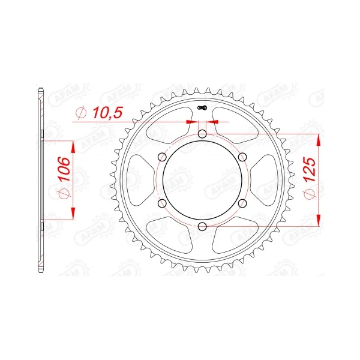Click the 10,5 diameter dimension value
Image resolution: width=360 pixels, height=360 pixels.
point(107,113)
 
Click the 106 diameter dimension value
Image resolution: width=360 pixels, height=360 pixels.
point(64,169)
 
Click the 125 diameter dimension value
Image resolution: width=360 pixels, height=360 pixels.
point(310,169)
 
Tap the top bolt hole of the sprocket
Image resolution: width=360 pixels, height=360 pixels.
point(202,134)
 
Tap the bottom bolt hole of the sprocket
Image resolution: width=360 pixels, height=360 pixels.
point(202,226)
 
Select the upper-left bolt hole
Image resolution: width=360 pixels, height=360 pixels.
point(163,157)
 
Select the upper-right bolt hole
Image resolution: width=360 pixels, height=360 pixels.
point(242,157)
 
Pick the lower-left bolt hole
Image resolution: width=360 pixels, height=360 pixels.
point(163,203)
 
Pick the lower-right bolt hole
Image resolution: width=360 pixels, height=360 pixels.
point(242,203)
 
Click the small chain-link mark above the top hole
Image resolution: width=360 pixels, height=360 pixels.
point(202,107)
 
